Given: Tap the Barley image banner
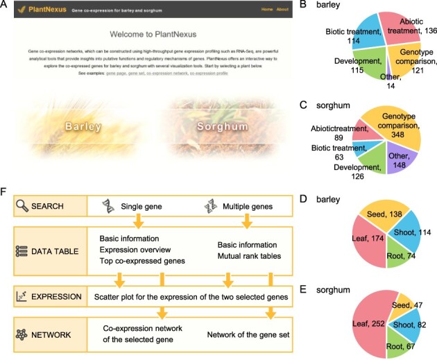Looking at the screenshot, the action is tap(83, 127).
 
